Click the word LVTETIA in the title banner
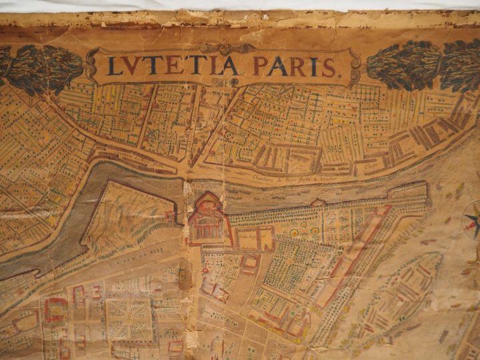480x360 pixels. tap(173, 65)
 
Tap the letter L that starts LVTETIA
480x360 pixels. tap(114, 66)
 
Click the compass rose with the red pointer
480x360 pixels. tap(473, 221)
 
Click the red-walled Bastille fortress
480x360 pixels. tap(207, 219)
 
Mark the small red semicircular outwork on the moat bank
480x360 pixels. tap(318, 202)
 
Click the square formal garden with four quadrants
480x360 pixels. tap(129, 319)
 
